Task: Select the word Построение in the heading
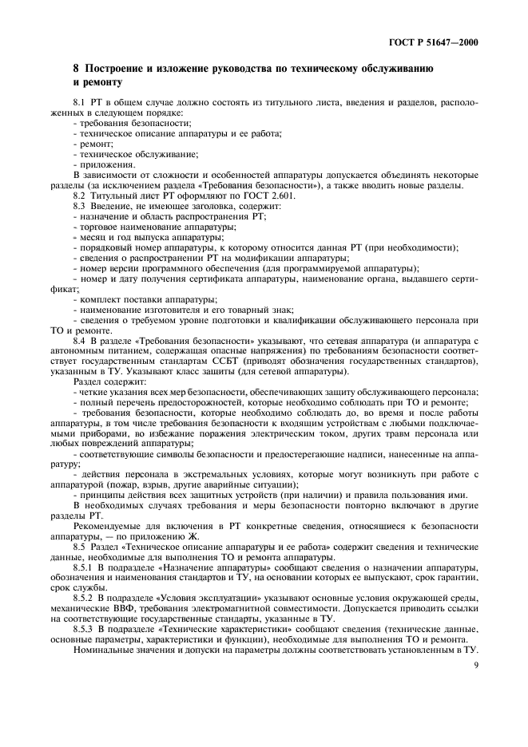(115, 70)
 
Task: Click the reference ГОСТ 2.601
(242, 196)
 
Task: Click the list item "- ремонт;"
(92, 144)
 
